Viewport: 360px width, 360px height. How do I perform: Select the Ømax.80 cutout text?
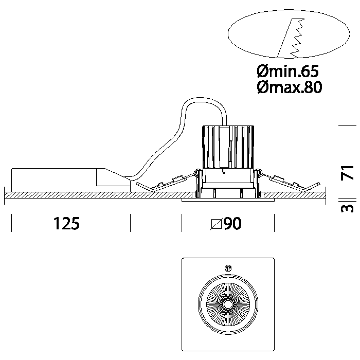[x=289, y=88]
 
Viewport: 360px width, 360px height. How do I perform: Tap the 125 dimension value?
[x=66, y=224]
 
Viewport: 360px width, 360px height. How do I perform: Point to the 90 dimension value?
[x=232, y=224]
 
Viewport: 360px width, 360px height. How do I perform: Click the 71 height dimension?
[x=349, y=172]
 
